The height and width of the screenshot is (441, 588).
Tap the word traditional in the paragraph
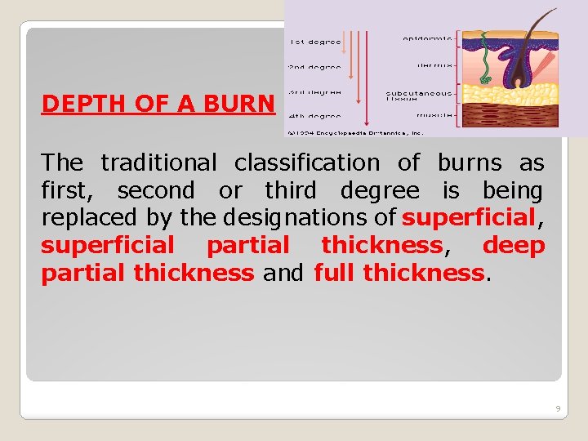(158, 163)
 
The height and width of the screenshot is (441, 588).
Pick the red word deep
(514, 245)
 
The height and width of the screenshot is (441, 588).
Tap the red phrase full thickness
(399, 272)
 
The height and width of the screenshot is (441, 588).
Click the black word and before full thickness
(283, 272)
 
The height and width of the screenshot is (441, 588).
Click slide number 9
(557, 408)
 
